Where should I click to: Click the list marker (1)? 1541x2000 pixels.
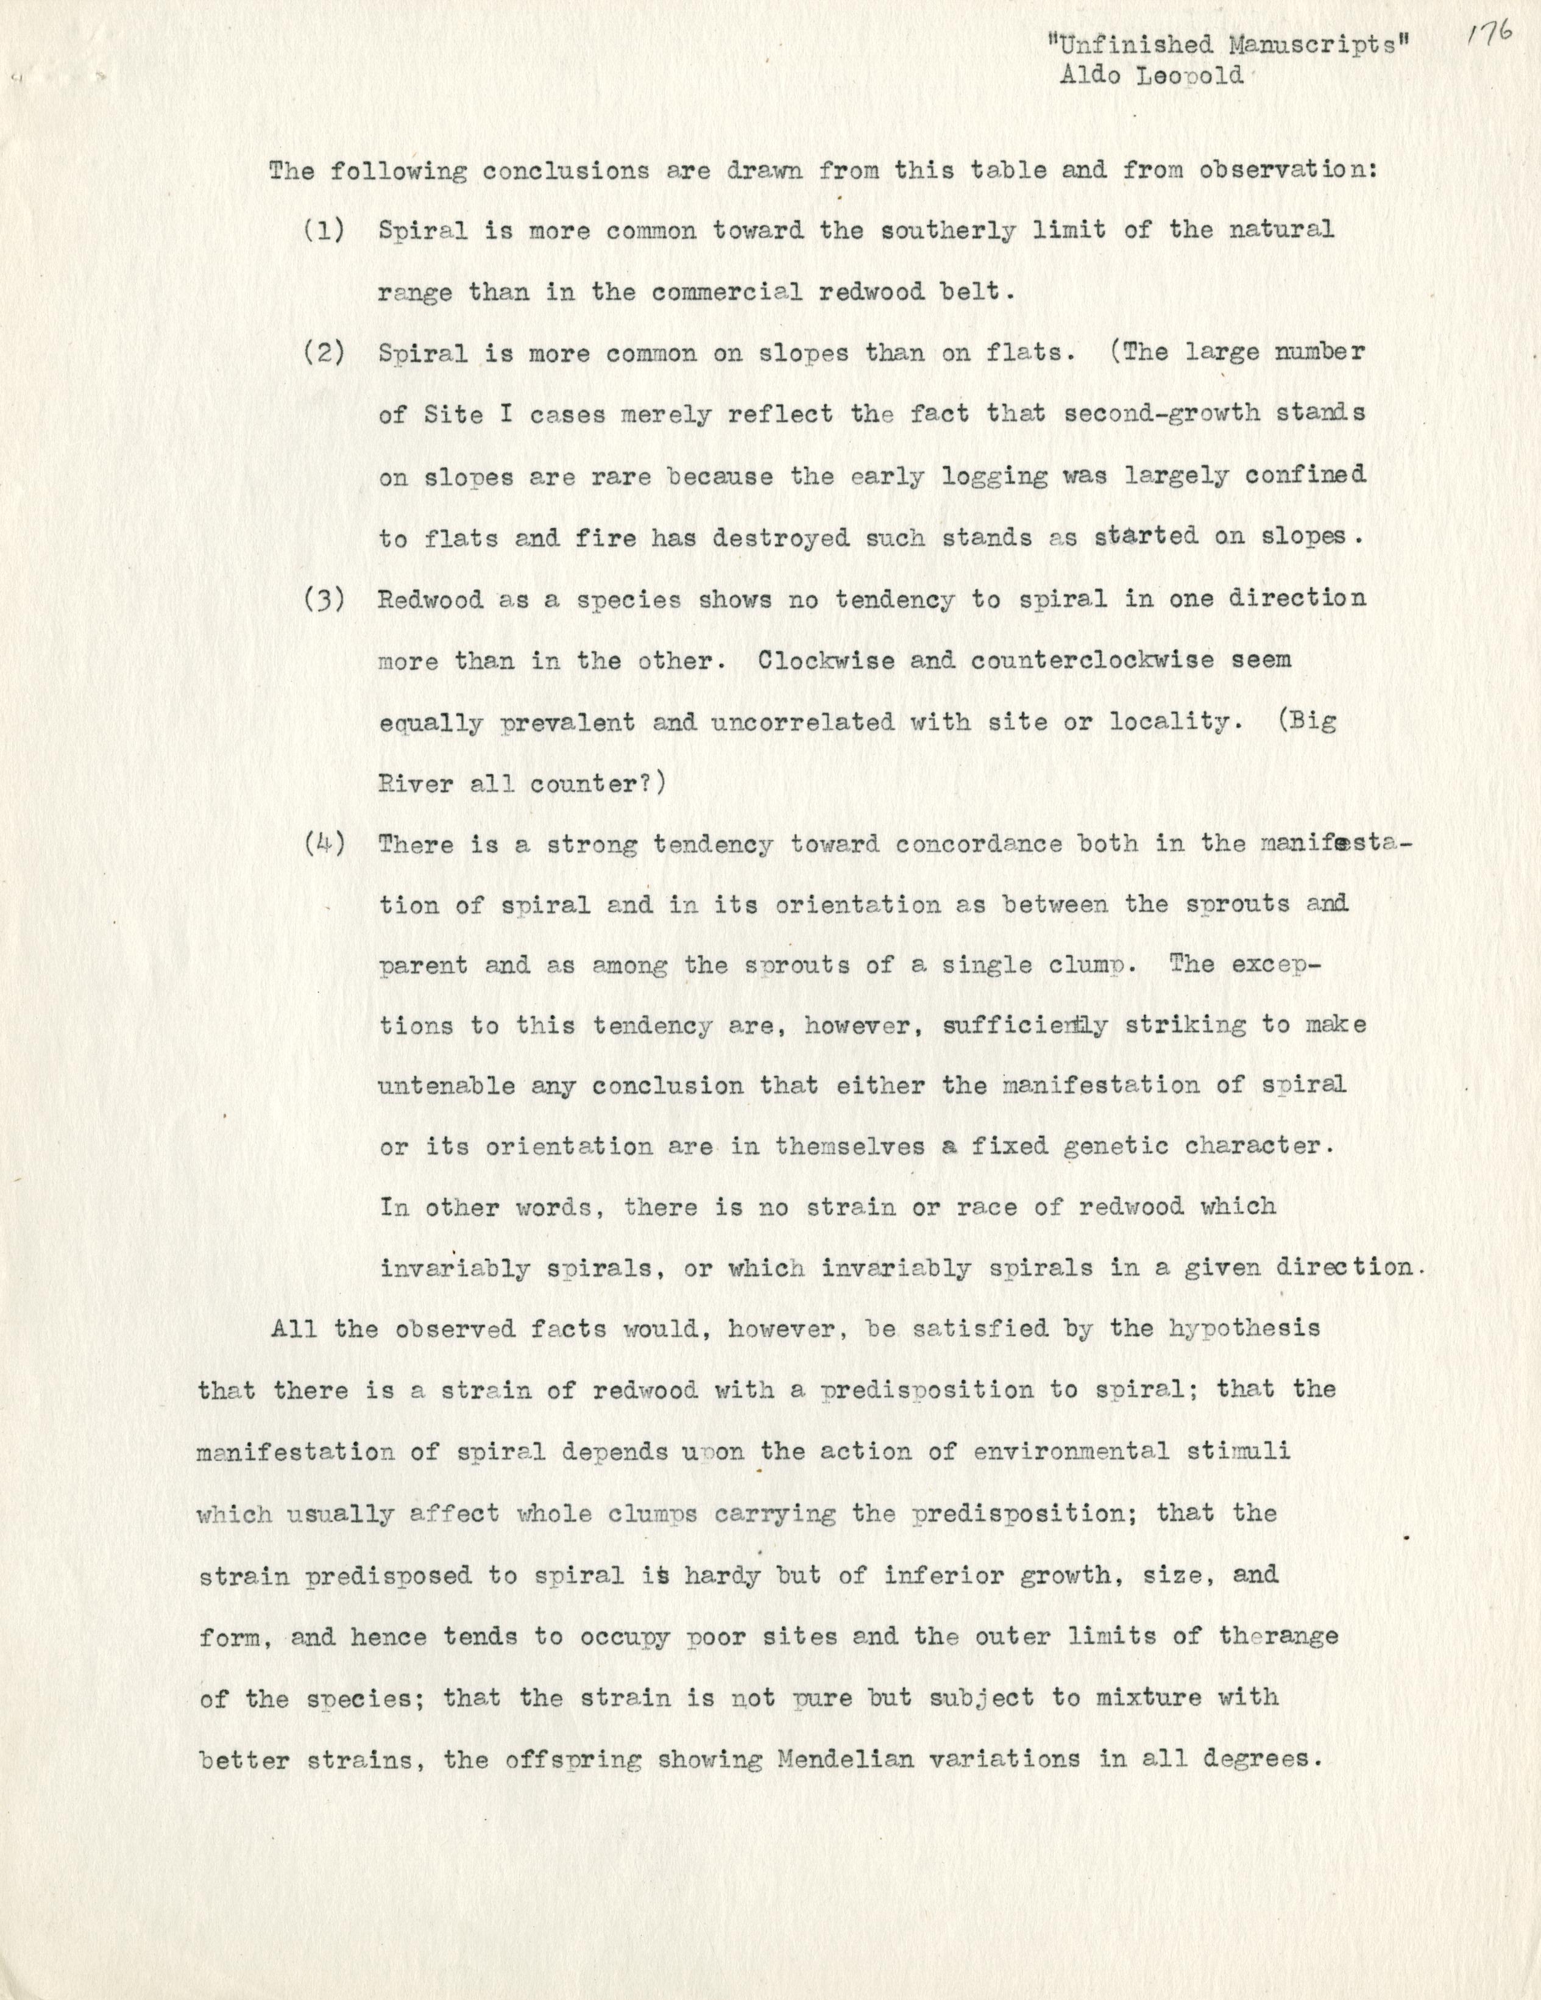pos(324,231)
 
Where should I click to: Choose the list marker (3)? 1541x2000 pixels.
pos(324,600)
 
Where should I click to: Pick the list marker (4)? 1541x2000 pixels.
pos(324,844)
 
